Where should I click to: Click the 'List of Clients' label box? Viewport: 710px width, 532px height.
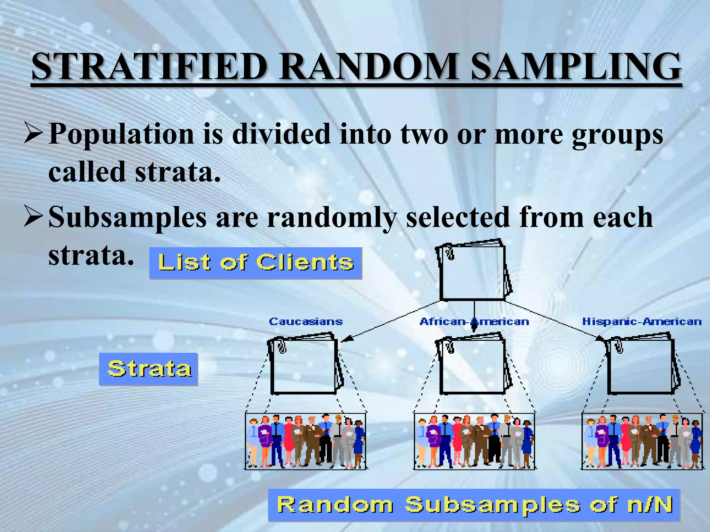click(x=256, y=263)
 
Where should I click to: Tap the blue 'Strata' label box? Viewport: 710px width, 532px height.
click(x=148, y=369)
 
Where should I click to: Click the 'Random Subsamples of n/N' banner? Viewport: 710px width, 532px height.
click(x=474, y=505)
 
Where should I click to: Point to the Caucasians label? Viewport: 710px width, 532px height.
click(x=306, y=322)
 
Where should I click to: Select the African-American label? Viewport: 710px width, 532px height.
click(x=474, y=322)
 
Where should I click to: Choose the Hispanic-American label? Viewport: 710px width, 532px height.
click(x=642, y=322)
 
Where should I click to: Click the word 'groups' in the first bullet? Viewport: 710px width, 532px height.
click(x=617, y=135)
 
